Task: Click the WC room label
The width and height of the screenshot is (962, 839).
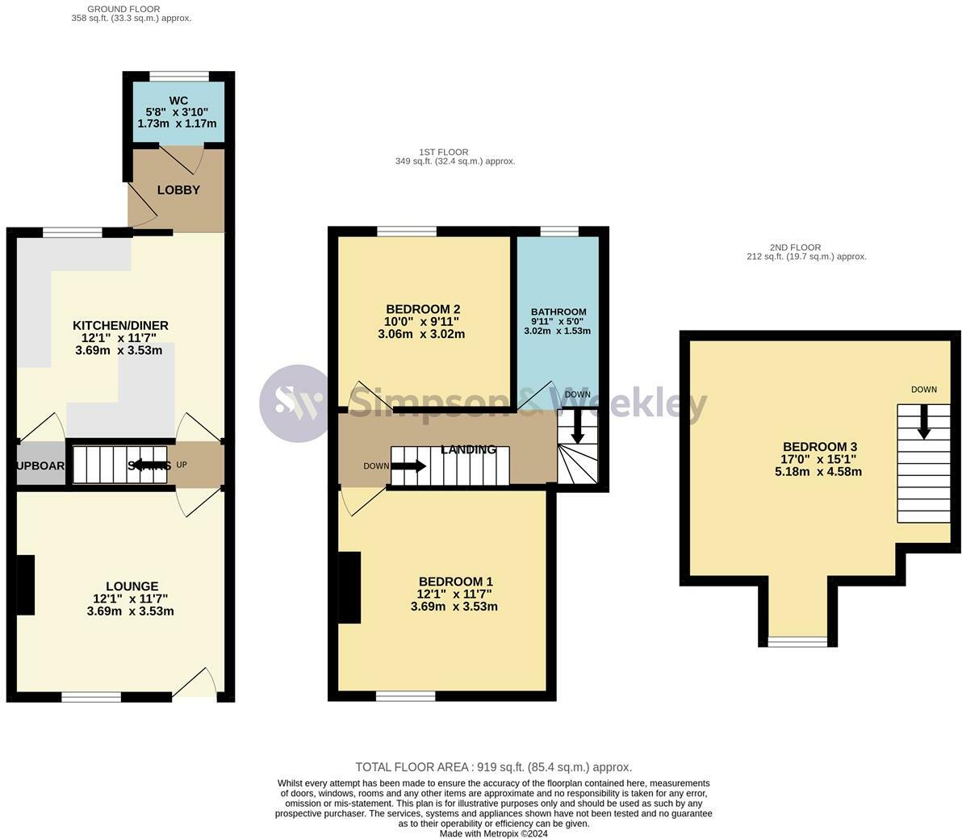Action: (178, 101)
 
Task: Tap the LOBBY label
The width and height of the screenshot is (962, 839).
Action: (178, 190)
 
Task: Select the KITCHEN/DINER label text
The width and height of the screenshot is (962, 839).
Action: (120, 325)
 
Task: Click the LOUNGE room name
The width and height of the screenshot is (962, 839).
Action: (132, 586)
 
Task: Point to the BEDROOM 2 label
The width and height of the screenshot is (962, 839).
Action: (423, 309)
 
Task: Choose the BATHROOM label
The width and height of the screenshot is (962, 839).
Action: (558, 312)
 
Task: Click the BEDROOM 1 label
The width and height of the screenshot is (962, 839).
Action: (455, 582)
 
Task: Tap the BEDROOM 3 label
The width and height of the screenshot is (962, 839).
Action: (819, 447)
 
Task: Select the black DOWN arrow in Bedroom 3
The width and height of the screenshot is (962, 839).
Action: (924, 422)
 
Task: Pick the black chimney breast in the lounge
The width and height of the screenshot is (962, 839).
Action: (27, 585)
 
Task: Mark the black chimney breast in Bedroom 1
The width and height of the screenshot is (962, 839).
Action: (349, 587)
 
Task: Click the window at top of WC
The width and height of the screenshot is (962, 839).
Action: (178, 75)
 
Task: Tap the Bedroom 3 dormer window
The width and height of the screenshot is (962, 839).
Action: (797, 641)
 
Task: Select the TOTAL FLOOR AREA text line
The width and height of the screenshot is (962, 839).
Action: (493, 767)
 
